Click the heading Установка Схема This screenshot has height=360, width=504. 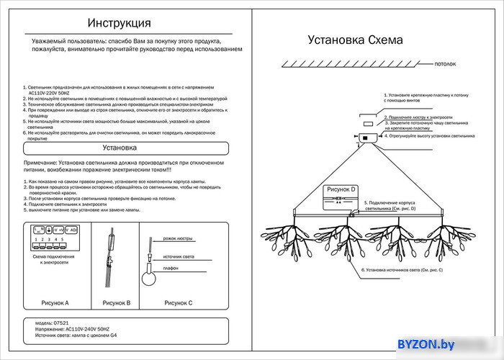click(x=355, y=40)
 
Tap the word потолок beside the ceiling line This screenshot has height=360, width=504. click(x=445, y=64)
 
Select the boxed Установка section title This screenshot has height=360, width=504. click(x=120, y=148)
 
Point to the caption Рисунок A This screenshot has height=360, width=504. click(x=55, y=303)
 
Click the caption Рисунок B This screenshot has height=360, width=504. click(x=117, y=303)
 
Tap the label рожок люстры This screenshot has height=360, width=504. click(x=178, y=238)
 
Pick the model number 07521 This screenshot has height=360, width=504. click(x=60, y=323)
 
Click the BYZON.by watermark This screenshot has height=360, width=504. click(x=426, y=346)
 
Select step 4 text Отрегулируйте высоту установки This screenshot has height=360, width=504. click(x=429, y=135)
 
